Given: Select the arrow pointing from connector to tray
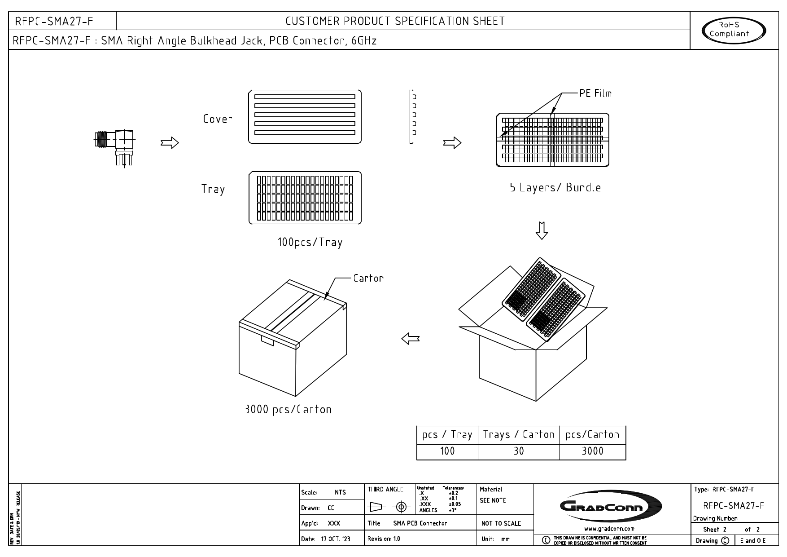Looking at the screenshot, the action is pyautogui.click(x=170, y=143).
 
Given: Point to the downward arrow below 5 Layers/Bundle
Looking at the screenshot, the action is pyautogui.click(x=542, y=230).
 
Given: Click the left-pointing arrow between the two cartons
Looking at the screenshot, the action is pyautogui.click(x=411, y=338).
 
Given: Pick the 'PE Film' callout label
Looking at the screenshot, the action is pyautogui.click(x=595, y=93).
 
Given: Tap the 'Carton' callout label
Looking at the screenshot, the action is pyautogui.click(x=368, y=278).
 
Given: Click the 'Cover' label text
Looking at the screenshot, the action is pyautogui.click(x=218, y=119).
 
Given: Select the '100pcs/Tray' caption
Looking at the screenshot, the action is pyautogui.click(x=310, y=243).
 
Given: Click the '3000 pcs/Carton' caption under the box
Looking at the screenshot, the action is pyautogui.click(x=288, y=409).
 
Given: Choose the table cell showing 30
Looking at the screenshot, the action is pyautogui.click(x=519, y=451).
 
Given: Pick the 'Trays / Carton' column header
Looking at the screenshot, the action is pyautogui.click(x=519, y=435).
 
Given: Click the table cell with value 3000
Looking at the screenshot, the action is pyautogui.click(x=592, y=451).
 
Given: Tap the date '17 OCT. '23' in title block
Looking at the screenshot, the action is pyautogui.click(x=336, y=539).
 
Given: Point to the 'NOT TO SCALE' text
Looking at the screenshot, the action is pyautogui.click(x=501, y=523).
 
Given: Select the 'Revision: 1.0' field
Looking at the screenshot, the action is pyautogui.click(x=384, y=539).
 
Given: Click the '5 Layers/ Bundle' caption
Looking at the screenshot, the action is pyautogui.click(x=555, y=188).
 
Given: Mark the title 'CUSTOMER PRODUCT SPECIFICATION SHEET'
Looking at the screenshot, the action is pyautogui.click(x=395, y=21).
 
